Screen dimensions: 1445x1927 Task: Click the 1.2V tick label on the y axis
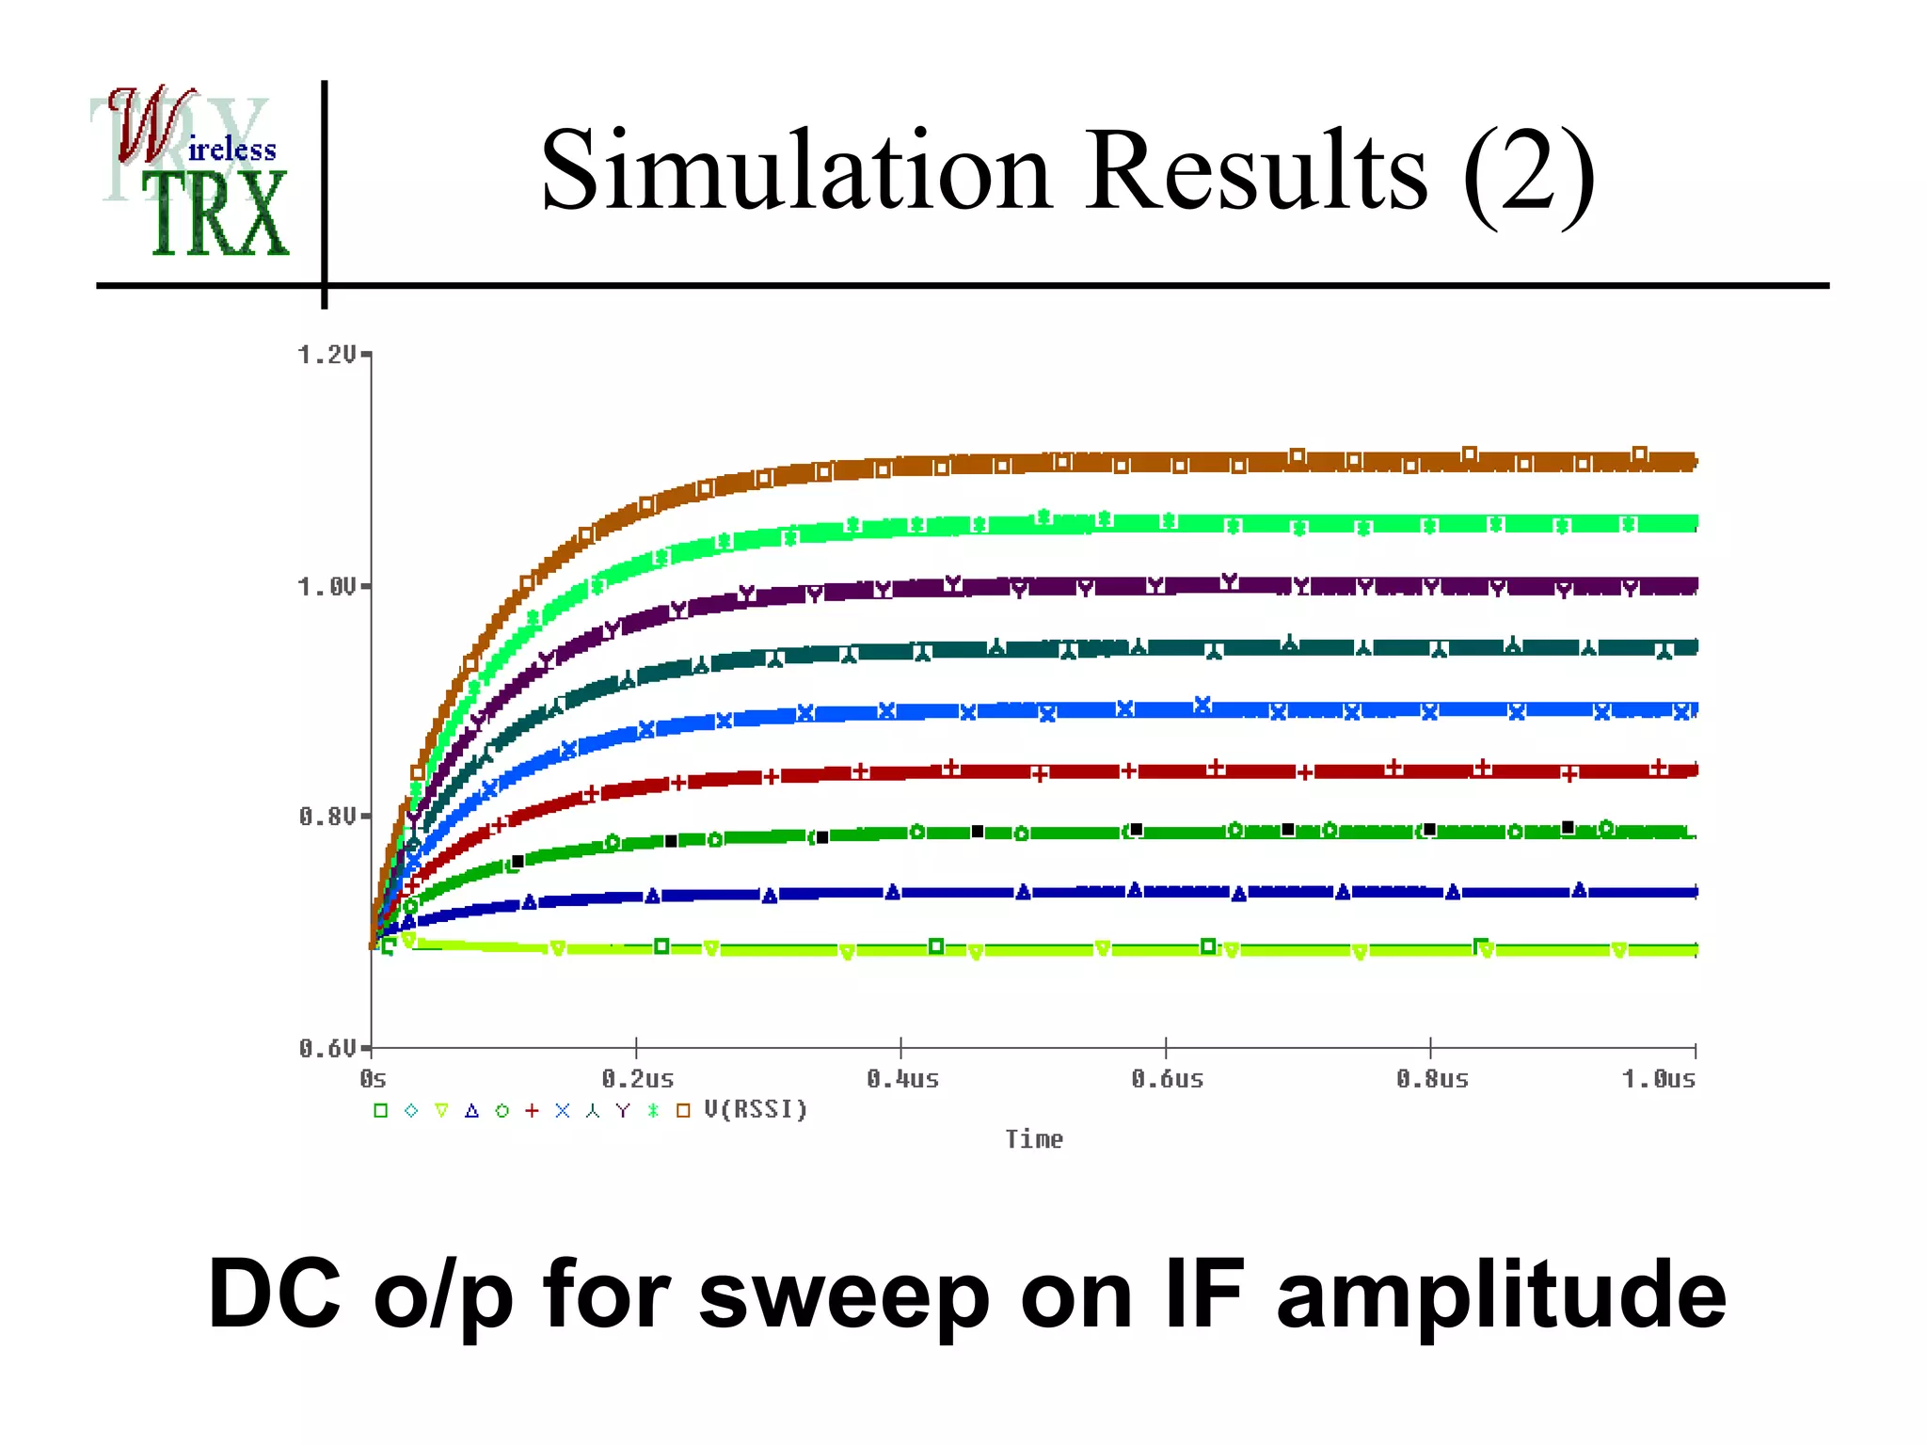[x=326, y=355]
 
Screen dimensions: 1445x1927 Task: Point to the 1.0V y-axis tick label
[x=326, y=587]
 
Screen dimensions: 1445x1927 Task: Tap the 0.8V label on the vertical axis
[x=326, y=817]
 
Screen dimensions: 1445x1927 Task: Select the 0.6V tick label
[x=326, y=1048]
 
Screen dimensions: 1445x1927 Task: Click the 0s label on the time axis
[x=373, y=1079]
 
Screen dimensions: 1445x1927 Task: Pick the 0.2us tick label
[x=638, y=1079]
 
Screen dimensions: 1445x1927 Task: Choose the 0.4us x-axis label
[x=902, y=1079]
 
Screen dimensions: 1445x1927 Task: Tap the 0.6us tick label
[x=1167, y=1079]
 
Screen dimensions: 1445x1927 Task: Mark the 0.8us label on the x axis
[x=1432, y=1079]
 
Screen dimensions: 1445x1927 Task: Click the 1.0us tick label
[x=1658, y=1079]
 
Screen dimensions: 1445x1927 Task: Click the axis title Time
[x=1033, y=1139]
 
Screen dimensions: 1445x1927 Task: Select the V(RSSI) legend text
[x=756, y=1110]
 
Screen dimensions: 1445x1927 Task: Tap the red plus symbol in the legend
[x=532, y=1111]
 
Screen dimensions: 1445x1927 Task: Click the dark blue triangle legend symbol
[x=471, y=1111]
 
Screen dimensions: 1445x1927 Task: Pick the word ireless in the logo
[x=232, y=150]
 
